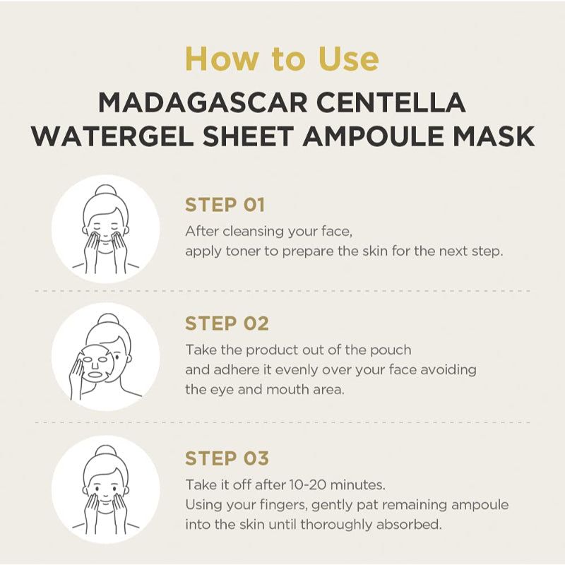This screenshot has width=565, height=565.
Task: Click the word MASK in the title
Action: tap(499, 136)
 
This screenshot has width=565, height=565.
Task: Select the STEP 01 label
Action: tap(225, 206)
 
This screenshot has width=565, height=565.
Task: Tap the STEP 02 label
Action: tap(226, 323)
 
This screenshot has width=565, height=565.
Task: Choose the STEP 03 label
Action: tap(226, 458)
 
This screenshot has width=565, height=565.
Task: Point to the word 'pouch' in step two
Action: tap(392, 350)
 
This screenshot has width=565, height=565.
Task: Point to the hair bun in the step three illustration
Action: tap(105, 453)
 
